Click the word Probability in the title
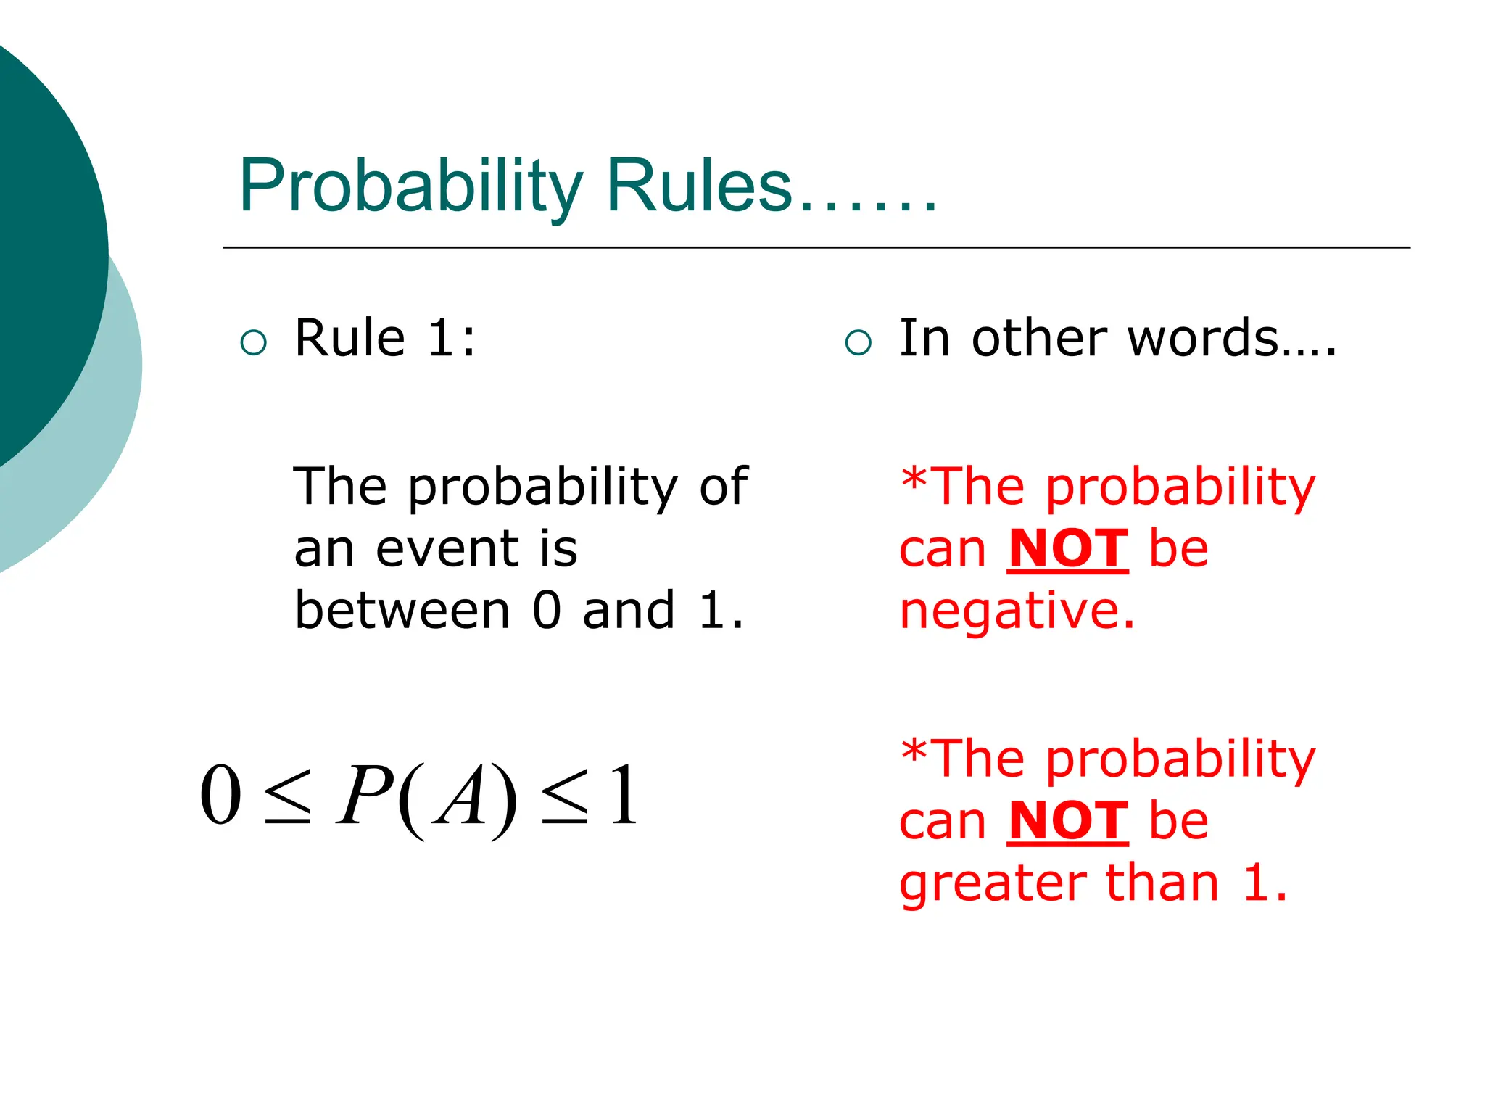(410, 187)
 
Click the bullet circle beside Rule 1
(253, 342)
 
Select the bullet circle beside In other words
(858, 342)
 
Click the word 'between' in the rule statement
(402, 611)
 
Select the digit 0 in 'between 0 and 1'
(547, 611)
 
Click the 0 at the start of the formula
(220, 796)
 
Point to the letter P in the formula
(365, 796)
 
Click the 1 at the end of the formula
(624, 796)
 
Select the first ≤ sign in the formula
(288, 798)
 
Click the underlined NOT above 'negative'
(1068, 549)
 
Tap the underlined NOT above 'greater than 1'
(1068, 822)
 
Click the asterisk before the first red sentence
(914, 479)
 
